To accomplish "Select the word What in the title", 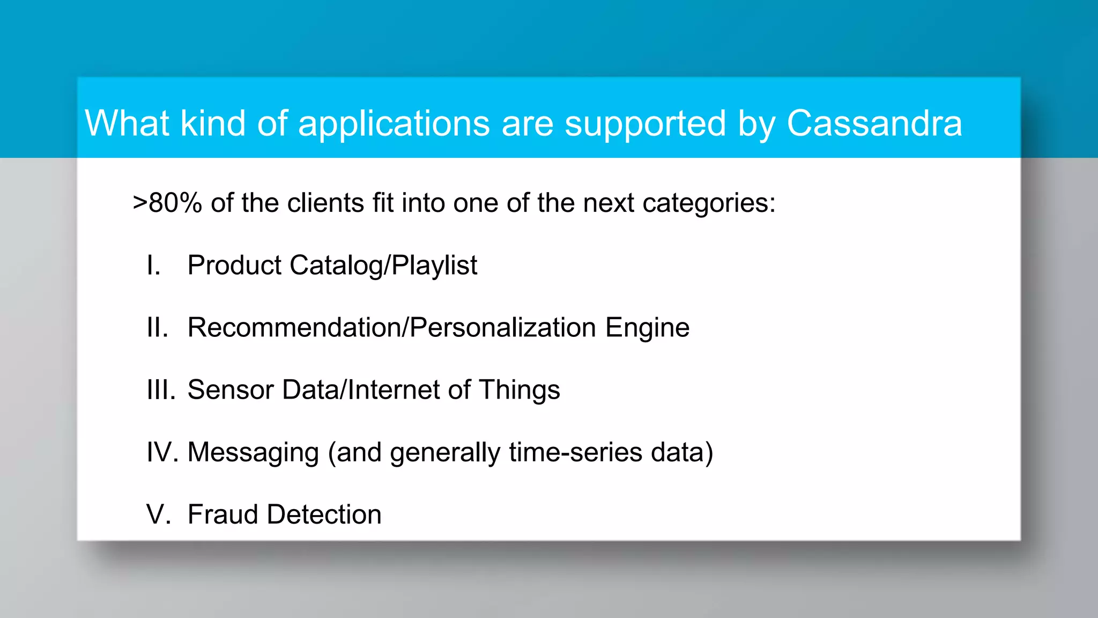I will point(127,123).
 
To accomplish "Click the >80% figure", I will point(167,203).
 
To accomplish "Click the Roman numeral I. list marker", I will point(153,266).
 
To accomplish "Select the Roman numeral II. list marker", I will point(157,328).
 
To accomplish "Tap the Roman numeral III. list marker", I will point(161,390).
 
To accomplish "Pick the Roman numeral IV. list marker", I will point(162,452).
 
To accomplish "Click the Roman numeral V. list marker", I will point(159,514).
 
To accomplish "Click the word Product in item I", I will point(234,266).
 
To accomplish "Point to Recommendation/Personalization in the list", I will point(391,328).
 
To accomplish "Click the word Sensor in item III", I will point(231,390).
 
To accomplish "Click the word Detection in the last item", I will point(324,514).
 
